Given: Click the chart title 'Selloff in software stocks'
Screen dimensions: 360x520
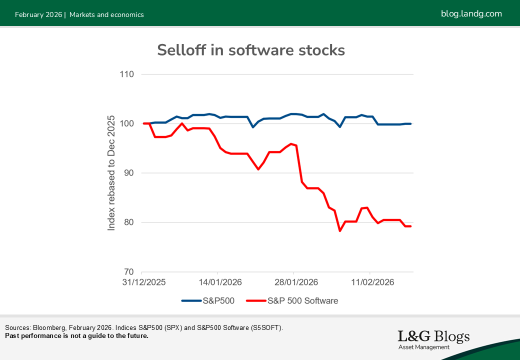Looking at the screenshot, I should click(x=250, y=50).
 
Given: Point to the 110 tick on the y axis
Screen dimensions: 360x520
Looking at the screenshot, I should click(x=127, y=74).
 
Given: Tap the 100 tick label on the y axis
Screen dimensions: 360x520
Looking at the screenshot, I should click(x=127, y=124).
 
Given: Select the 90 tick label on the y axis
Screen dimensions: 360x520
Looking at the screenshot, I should click(x=129, y=173).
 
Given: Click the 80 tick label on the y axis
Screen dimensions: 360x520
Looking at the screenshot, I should click(x=129, y=222).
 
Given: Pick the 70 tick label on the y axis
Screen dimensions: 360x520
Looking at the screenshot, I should click(x=129, y=272).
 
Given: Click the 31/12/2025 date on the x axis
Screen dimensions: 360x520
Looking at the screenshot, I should click(x=143, y=282).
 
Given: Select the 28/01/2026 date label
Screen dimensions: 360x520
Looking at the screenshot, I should click(x=294, y=282).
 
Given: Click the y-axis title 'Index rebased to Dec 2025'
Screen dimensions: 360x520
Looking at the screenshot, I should click(x=111, y=173).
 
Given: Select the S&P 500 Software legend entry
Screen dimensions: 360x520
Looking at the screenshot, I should click(x=292, y=300).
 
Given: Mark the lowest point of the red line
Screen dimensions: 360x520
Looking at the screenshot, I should click(x=340, y=230).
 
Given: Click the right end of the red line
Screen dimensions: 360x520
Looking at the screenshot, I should click(x=410, y=226).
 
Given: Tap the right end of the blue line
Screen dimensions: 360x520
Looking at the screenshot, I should click(x=410, y=123).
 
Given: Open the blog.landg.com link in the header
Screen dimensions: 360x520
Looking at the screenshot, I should click(x=471, y=13).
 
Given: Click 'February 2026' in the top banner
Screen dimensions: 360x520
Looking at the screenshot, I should click(x=38, y=14).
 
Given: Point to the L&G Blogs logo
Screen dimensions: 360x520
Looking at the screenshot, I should click(x=433, y=339).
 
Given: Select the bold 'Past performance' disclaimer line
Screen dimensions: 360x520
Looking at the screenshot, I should click(x=76, y=335).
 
